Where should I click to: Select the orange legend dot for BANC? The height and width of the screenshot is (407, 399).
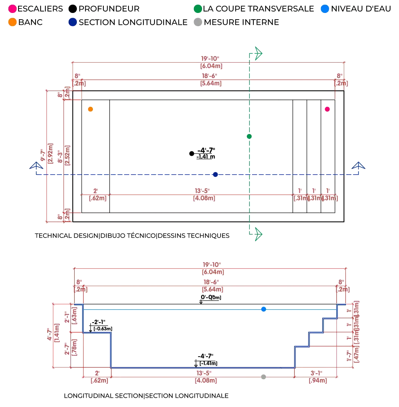tap(13, 22)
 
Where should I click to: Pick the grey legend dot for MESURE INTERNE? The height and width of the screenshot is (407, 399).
tap(198, 22)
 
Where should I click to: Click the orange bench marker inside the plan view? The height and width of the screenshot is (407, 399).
tap(91, 109)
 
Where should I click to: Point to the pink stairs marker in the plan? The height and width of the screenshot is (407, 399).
tap(327, 109)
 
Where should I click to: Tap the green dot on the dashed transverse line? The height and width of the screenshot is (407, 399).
tap(249, 136)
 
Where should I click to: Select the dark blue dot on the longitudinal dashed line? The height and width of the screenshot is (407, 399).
tap(215, 174)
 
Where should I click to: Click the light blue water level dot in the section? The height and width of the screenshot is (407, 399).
tap(263, 309)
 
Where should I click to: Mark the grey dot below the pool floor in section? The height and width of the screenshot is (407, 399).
tap(263, 377)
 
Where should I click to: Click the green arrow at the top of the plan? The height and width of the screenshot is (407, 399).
tap(257, 53)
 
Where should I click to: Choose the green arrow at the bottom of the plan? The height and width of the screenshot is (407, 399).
tap(257, 233)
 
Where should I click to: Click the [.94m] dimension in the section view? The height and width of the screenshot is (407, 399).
tap(317, 380)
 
